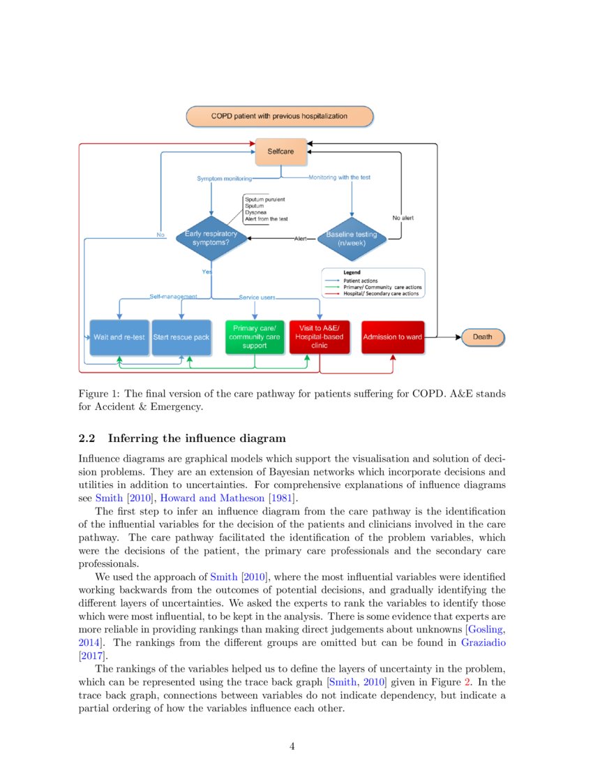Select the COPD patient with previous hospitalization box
click(x=279, y=116)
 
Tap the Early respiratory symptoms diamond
click(x=211, y=239)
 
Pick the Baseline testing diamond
click(x=351, y=239)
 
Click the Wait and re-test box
click(x=119, y=337)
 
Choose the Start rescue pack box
click(x=181, y=337)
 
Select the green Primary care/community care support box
click(x=255, y=337)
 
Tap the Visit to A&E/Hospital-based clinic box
click(x=319, y=337)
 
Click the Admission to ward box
click(x=392, y=337)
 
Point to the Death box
click(x=483, y=337)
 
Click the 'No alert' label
click(x=403, y=218)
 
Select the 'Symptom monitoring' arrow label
click(x=224, y=179)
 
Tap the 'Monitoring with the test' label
click(x=340, y=177)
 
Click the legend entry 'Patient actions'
click(x=361, y=281)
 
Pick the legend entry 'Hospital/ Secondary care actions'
click(x=380, y=294)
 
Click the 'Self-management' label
click(x=173, y=297)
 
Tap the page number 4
click(x=292, y=746)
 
